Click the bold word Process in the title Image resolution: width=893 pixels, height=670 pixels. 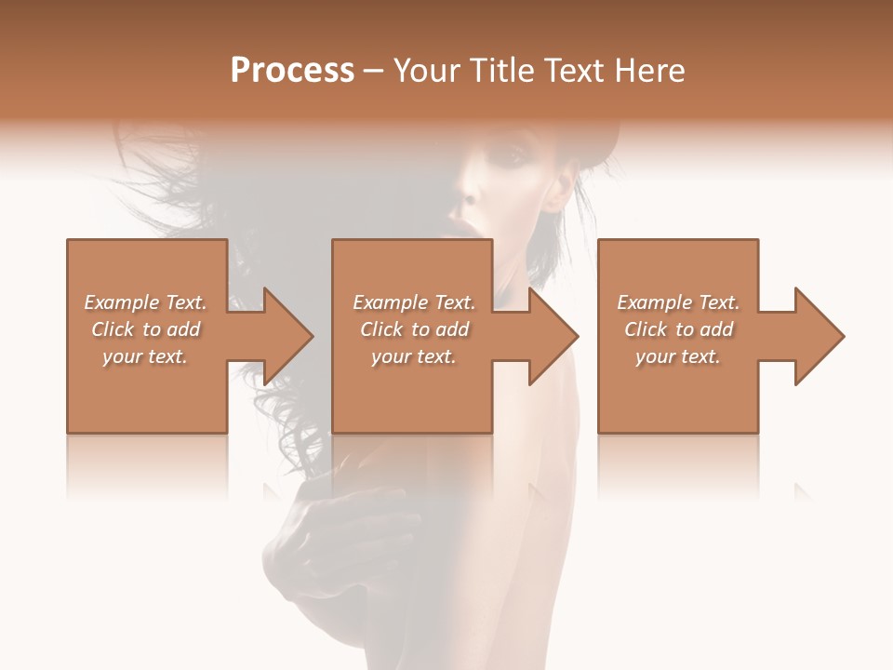[292, 71]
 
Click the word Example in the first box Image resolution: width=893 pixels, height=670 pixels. [121, 302]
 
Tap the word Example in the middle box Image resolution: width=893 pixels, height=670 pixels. [390, 302]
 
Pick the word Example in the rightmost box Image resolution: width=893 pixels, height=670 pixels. [654, 302]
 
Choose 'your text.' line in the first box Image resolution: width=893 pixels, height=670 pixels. [145, 356]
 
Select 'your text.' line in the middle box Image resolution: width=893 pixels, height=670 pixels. [413, 356]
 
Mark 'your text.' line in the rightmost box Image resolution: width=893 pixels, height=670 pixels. [678, 356]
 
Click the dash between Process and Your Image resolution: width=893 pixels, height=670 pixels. [374, 71]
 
